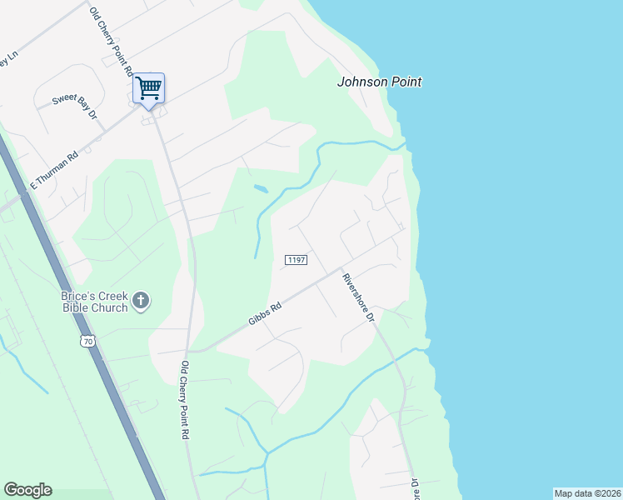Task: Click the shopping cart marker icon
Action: coord(149,87)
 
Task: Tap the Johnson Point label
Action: coord(379,82)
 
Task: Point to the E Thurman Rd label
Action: coord(54,170)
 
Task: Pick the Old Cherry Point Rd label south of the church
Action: coord(185,400)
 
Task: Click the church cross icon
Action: coord(142,300)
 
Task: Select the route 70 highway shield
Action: coord(88,341)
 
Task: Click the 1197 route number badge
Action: coord(297,260)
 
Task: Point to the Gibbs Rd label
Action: coord(265,315)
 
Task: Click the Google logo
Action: coord(27,490)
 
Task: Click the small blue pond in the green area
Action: coord(261,189)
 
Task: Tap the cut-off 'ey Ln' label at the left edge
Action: coord(7,59)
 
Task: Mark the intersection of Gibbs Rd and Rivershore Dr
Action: coord(341,270)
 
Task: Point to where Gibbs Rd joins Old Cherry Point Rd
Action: coord(194,352)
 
